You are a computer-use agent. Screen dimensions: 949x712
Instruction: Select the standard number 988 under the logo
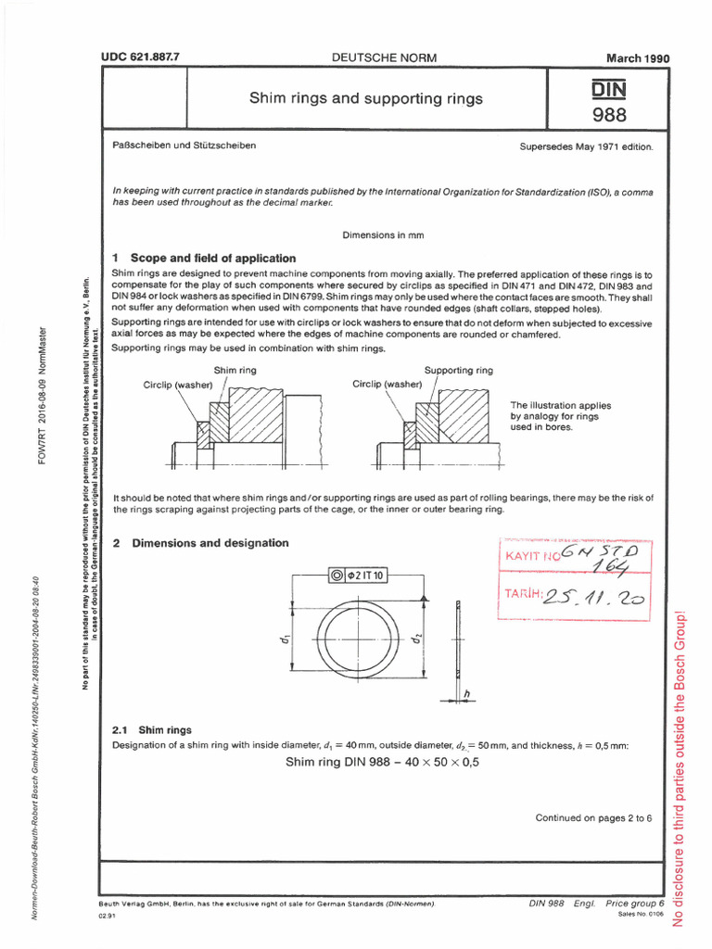[608, 115]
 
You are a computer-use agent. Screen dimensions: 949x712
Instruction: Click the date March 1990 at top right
[637, 58]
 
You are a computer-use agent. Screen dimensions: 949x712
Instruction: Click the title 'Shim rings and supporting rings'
[365, 98]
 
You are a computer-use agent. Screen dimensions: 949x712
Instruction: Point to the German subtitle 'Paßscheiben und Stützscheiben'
[184, 146]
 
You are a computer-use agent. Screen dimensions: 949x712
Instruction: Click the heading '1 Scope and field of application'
[204, 258]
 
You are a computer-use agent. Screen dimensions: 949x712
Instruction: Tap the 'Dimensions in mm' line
[383, 234]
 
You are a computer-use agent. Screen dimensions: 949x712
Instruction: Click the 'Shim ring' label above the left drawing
[236, 370]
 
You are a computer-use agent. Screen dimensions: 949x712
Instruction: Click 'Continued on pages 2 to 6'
[593, 817]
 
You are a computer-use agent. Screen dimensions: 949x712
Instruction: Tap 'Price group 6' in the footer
[635, 903]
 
